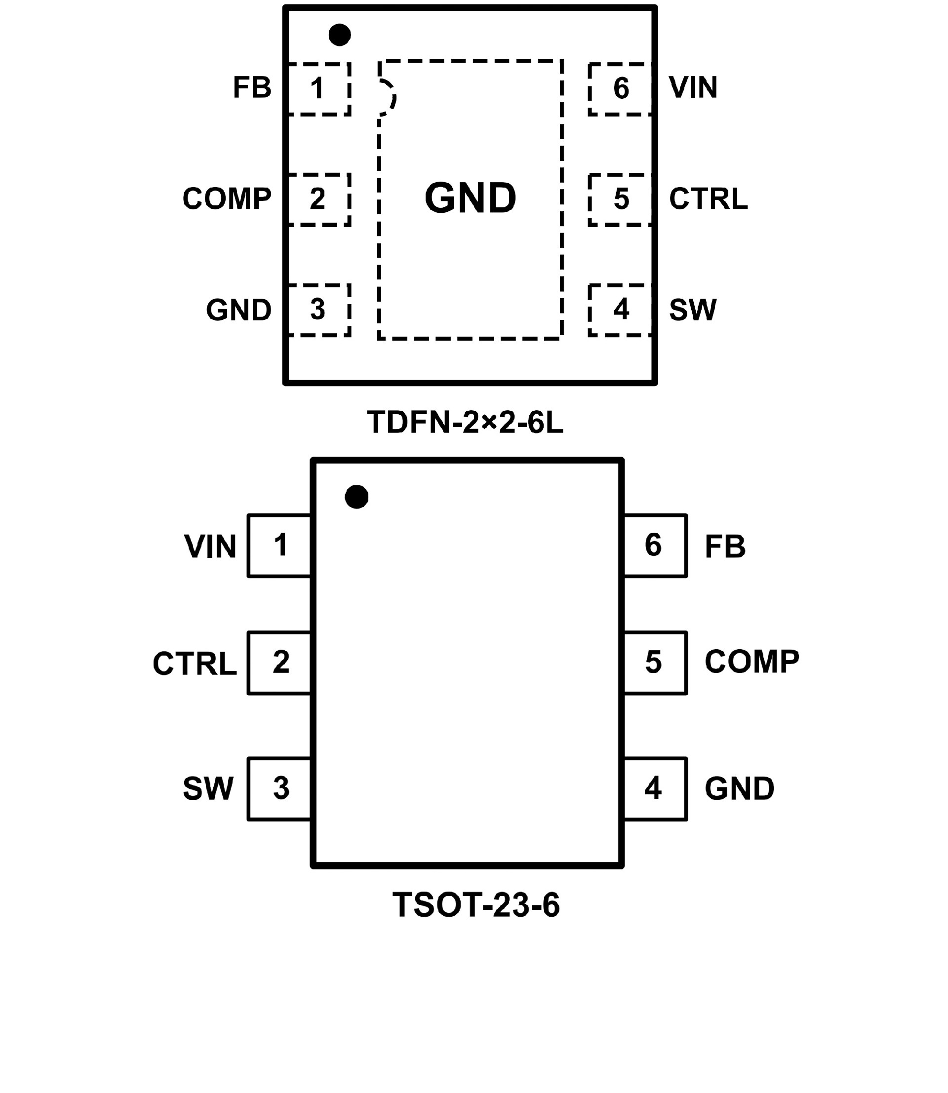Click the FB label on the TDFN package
pos(252,88)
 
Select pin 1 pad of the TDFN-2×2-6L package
pos(318,89)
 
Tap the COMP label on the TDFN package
pos(227,199)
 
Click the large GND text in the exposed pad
pos(470,198)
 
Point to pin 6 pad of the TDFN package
pos(621,89)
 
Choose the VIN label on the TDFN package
pos(693,88)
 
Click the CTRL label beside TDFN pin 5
pos(709,199)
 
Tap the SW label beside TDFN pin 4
pos(692,310)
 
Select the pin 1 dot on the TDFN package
pos(340,35)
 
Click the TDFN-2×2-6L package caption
pos(466,423)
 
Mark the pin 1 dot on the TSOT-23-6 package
pos(356,497)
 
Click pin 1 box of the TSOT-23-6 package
pos(279,546)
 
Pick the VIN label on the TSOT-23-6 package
pos(210,546)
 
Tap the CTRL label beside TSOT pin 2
pos(195,664)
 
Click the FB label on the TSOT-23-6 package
pos(725,546)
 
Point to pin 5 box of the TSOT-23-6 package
pos(655,663)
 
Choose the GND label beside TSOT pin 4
pos(739,789)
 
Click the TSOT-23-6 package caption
pos(475,905)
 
